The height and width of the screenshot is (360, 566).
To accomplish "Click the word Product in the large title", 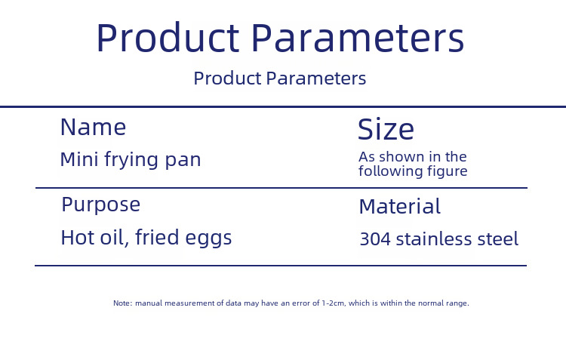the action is (x=168, y=38).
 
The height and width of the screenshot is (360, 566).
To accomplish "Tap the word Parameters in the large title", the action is (x=358, y=38).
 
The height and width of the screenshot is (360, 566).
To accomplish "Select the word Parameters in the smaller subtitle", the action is (x=316, y=78).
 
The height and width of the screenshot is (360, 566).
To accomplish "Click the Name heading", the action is (x=93, y=127).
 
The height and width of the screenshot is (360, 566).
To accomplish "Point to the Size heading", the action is (x=386, y=129).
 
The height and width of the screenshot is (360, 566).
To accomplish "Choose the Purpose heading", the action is (x=100, y=205).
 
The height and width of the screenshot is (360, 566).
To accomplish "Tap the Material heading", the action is (x=399, y=206).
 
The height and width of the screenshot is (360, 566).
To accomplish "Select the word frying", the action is (x=131, y=160).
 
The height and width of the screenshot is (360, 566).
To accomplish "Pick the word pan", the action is (x=183, y=161).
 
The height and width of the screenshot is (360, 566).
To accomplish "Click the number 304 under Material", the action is (x=375, y=239).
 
